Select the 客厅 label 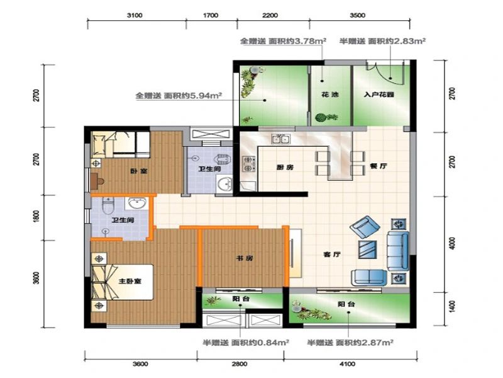pyautogui.click(x=331, y=255)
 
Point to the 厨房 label pyautogui.click(x=285, y=167)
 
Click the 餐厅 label pyautogui.click(x=377, y=166)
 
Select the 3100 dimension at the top pyautogui.click(x=135, y=14)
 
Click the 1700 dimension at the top pyautogui.click(x=211, y=14)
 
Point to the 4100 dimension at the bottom pyautogui.click(x=347, y=364)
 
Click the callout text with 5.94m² pyautogui.click(x=180, y=96)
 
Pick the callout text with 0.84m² pyautogui.click(x=245, y=342)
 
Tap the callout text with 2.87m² pyautogui.click(x=350, y=342)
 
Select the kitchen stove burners pyautogui.click(x=248, y=163)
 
